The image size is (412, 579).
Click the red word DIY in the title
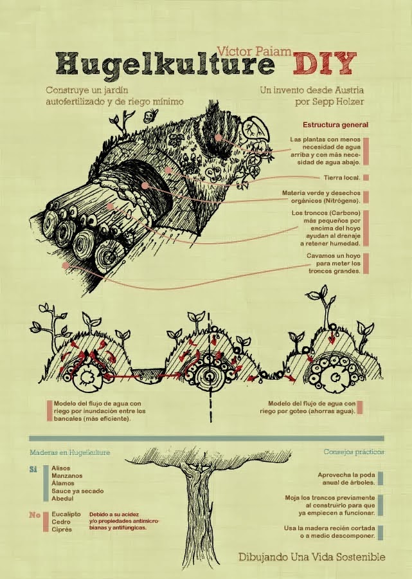click(324, 64)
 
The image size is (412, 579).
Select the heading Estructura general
click(335, 124)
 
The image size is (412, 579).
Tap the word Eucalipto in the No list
click(67, 515)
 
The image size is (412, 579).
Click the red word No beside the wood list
click(35, 515)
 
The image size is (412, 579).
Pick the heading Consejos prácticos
click(354, 452)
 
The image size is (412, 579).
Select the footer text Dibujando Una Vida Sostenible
click(312, 556)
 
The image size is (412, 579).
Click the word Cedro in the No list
click(62, 522)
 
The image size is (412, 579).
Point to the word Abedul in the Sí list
click(63, 498)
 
